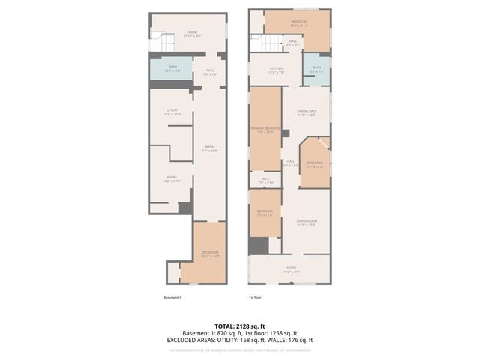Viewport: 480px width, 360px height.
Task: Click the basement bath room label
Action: [172, 69]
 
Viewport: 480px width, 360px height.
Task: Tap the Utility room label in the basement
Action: [172, 113]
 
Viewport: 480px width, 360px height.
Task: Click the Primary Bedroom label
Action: [265, 130]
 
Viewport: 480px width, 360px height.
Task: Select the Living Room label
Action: [307, 223]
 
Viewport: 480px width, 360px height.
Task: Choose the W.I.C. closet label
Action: [265, 181]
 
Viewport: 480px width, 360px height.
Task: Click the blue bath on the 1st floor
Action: [316, 70]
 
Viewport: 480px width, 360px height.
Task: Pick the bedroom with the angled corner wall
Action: [315, 164]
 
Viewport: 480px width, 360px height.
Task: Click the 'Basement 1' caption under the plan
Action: [172, 298]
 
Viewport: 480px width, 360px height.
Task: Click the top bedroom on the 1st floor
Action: [297, 25]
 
